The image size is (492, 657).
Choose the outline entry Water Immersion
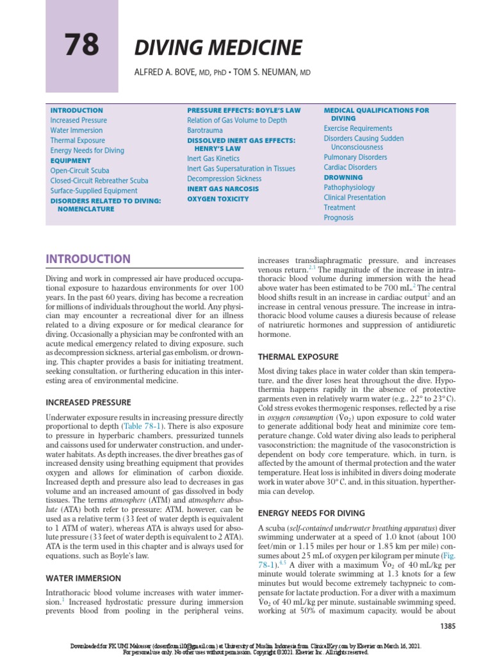(76, 130)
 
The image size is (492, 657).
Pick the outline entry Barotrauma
(205, 130)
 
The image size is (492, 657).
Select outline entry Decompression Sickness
(224, 179)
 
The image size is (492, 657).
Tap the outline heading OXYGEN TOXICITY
(218, 199)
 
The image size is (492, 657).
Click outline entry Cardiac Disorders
(350, 167)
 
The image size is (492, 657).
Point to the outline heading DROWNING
(343, 177)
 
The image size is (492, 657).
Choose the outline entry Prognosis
(339, 218)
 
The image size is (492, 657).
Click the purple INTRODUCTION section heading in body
(88, 259)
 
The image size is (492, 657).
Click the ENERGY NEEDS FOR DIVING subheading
(311, 513)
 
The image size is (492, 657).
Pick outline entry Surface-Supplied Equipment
(94, 191)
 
